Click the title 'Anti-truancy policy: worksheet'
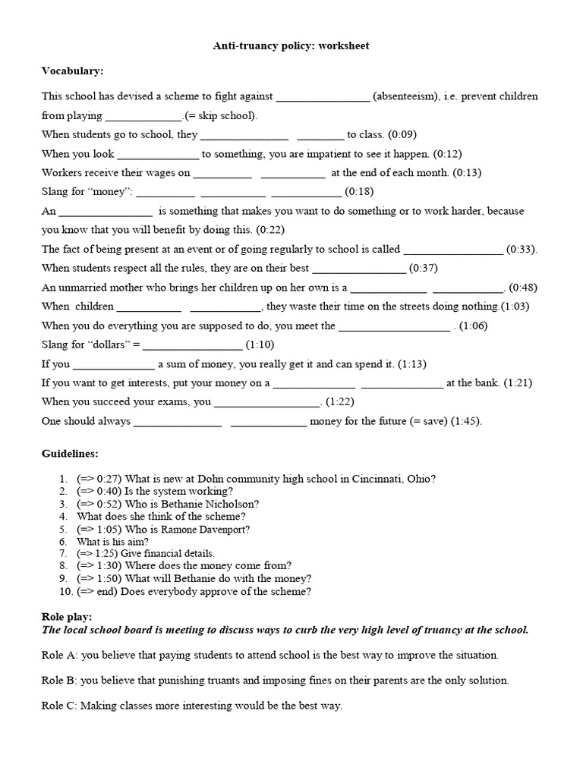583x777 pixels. click(x=291, y=46)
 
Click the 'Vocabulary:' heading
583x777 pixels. click(x=72, y=71)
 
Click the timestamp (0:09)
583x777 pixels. click(x=402, y=134)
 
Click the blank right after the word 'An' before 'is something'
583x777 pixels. click(x=106, y=212)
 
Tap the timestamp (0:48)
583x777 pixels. click(x=523, y=287)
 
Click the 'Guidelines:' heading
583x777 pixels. click(x=70, y=454)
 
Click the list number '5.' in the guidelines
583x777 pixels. click(x=63, y=529)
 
